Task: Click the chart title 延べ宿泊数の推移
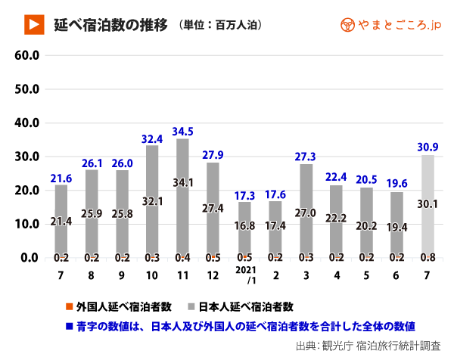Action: pos(110,24)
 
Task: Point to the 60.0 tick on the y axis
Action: pos(27,55)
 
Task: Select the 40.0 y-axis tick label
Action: pos(27,123)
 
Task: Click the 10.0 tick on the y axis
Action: pos(27,224)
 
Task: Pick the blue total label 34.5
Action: pos(182,132)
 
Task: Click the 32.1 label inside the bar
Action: pos(151,201)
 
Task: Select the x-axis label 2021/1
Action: pos(244,276)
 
